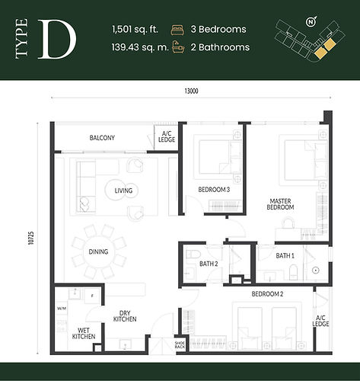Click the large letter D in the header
57,40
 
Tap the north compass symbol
311,21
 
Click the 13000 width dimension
191,91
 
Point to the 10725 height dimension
31,238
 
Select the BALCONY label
102,138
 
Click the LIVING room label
123,190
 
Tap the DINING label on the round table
98,251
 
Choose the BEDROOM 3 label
214,190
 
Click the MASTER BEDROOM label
280,204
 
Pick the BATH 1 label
285,256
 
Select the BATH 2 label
209,264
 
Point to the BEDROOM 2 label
267,294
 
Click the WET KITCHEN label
84,334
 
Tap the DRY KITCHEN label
125,316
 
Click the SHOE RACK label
180,345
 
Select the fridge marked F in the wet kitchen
92,296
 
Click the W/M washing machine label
62,309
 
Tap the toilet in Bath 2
193,255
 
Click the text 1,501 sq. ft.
135,30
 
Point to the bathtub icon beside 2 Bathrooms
178,47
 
